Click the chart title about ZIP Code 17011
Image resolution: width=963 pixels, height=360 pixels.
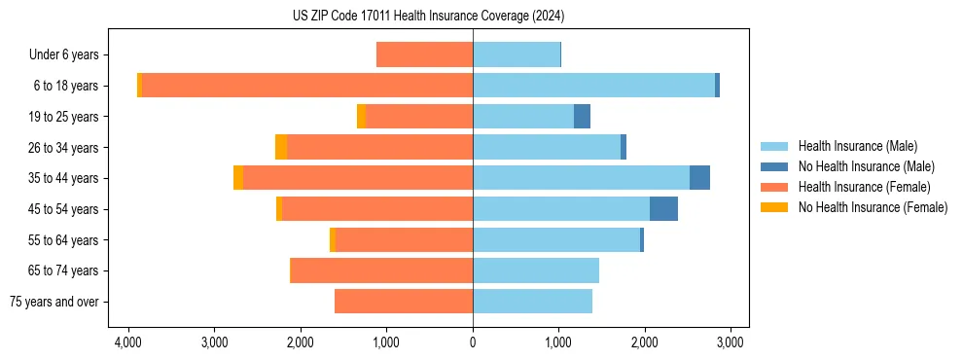pos(428,17)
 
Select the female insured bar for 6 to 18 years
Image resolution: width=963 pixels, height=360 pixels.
pos(307,86)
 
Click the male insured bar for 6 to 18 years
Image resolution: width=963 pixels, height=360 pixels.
pos(593,86)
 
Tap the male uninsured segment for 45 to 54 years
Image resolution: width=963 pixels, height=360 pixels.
pos(663,209)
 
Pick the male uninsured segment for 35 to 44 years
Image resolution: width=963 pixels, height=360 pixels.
pos(699,178)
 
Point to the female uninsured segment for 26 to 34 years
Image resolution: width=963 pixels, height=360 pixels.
pos(281,147)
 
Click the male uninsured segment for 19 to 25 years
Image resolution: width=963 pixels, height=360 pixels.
pos(582,117)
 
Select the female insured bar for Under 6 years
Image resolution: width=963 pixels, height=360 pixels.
pos(424,54)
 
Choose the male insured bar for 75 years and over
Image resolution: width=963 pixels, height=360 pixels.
pos(532,302)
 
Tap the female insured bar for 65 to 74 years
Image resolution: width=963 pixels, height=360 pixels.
pos(381,270)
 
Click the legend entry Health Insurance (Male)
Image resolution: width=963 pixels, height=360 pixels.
pos(857,146)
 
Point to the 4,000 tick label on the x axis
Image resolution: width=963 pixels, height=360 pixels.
pos(128,342)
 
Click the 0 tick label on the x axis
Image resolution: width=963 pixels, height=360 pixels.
pos(473,342)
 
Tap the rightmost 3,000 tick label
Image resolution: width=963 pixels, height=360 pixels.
pos(731,342)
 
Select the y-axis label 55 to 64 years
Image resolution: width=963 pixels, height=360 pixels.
pos(65,240)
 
